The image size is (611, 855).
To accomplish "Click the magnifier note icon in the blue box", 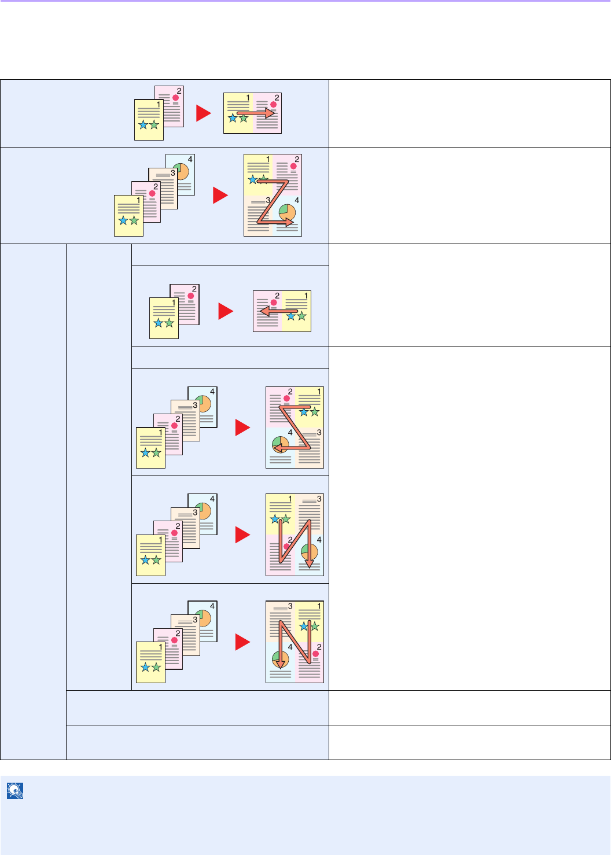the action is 15,791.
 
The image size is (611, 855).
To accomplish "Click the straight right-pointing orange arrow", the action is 255,113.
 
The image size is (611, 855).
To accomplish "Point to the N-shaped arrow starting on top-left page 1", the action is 295,541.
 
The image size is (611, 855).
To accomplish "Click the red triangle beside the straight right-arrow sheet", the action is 203,113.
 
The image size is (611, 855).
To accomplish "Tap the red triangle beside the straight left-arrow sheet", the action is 225,311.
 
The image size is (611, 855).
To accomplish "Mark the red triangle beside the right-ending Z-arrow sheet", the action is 220,195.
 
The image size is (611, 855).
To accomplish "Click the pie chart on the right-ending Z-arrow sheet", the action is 286,213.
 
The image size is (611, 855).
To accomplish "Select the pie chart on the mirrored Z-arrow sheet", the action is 281,444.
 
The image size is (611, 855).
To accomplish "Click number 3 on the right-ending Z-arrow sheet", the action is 268,200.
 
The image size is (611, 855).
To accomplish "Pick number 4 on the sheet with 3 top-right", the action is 319,539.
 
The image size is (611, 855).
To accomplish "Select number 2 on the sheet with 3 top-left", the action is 319,647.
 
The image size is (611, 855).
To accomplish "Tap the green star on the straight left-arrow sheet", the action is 301,316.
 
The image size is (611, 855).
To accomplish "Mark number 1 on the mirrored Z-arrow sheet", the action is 319,392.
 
